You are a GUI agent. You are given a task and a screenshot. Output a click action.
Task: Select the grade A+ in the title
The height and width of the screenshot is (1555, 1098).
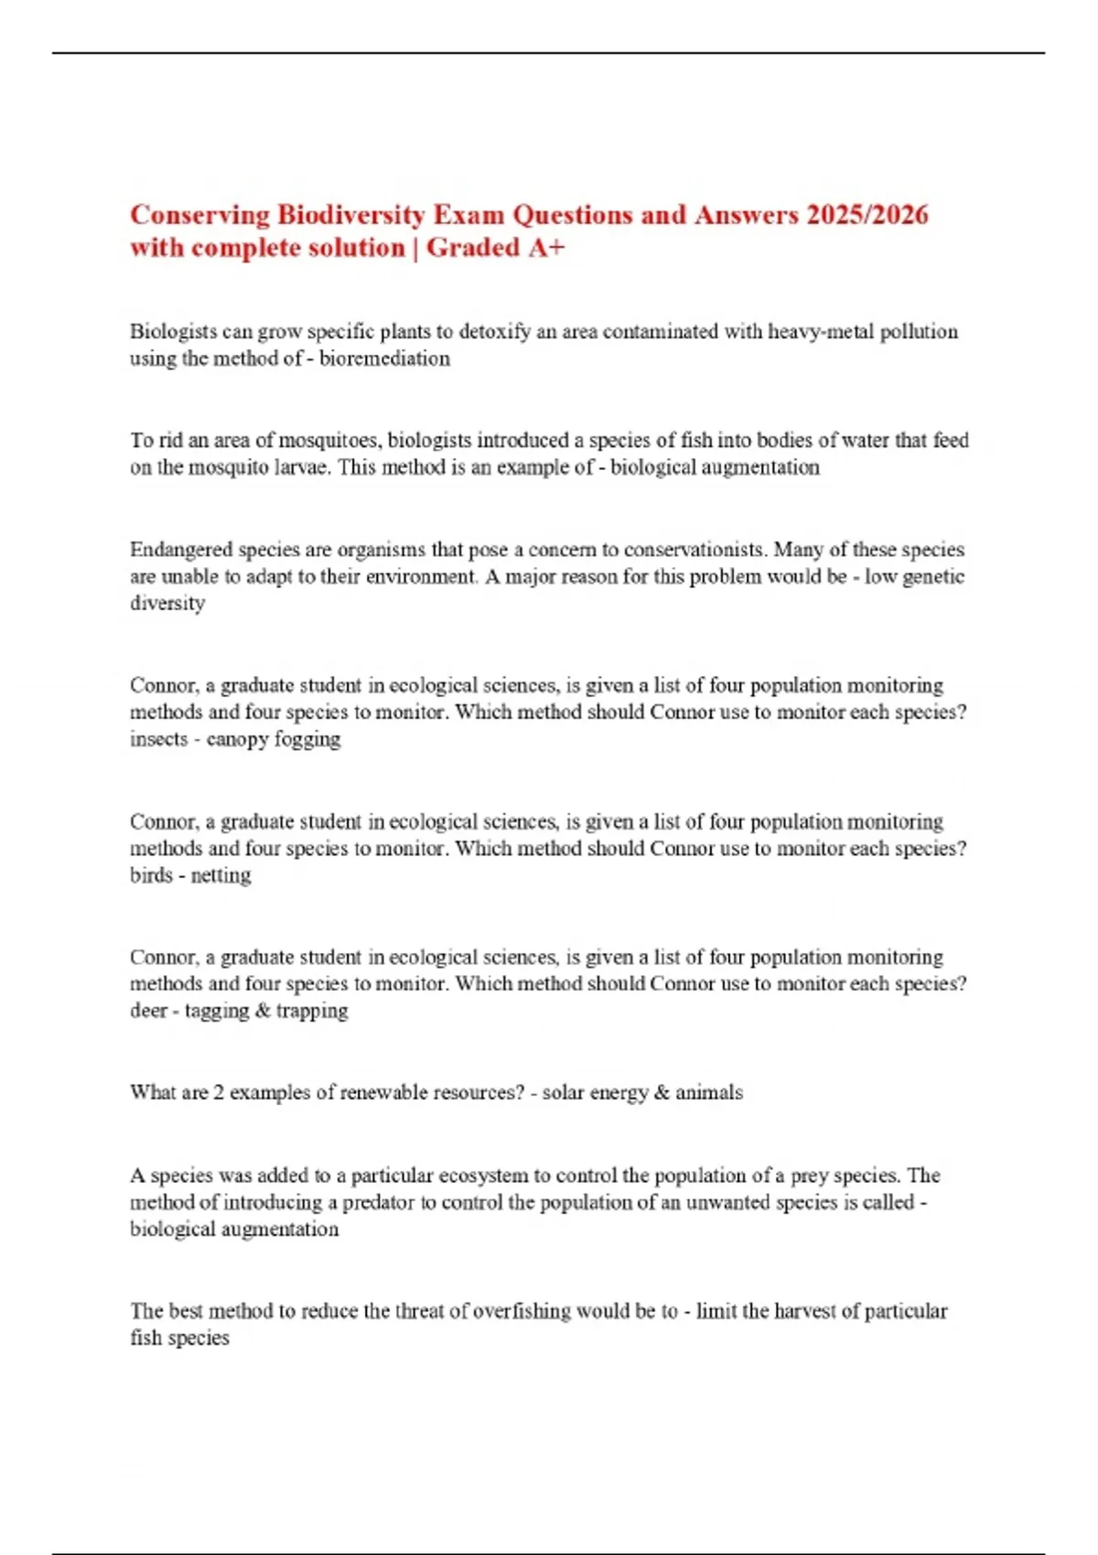tap(545, 248)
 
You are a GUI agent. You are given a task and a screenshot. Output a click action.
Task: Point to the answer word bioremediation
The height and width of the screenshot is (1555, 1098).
tap(384, 359)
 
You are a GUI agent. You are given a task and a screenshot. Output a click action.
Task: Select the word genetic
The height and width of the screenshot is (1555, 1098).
tap(933, 576)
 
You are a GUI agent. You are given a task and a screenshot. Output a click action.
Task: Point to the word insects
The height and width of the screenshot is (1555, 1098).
tap(158, 739)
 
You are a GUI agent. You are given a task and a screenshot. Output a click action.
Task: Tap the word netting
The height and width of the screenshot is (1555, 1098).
tap(221, 875)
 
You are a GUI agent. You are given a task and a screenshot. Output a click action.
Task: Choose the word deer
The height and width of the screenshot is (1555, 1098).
tap(148, 1011)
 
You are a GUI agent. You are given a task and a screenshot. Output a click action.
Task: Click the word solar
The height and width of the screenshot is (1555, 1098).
tap(563, 1092)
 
